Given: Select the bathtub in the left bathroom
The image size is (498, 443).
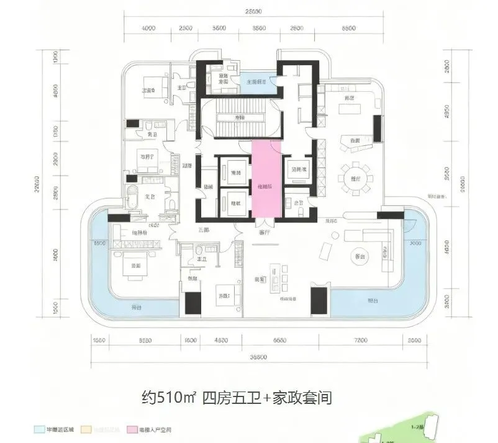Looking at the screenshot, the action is click(133, 200).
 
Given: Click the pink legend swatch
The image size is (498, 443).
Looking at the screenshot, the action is click(132, 429).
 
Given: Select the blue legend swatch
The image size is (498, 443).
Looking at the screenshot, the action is click(38, 429).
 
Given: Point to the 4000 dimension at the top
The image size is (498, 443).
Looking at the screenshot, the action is click(148, 29).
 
